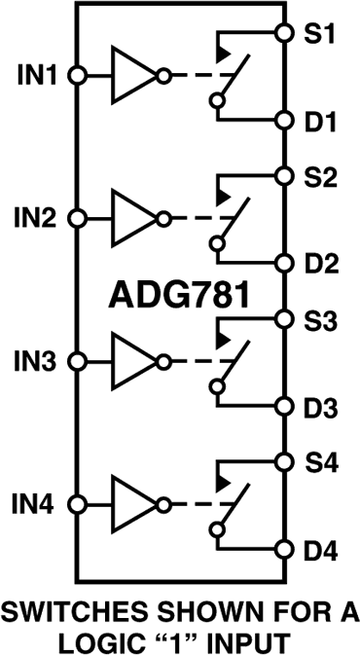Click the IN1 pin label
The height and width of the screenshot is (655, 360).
37,74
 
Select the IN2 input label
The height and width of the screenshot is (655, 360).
37,218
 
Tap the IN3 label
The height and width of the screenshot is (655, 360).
37,361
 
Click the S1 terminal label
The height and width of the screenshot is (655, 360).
319,34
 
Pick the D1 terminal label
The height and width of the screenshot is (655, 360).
319,123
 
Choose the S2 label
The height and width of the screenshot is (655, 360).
319,179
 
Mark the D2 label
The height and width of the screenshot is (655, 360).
319,265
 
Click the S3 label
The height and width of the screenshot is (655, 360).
319,320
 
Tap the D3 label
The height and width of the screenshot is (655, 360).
319,407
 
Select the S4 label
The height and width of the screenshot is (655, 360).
319,463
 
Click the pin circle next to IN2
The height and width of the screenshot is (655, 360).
79,218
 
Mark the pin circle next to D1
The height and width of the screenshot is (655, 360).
283,121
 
